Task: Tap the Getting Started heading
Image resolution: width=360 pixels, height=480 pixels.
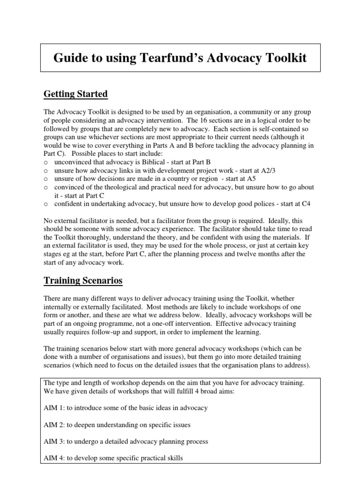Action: (75, 94)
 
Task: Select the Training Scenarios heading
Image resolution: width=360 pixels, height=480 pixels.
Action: (83, 280)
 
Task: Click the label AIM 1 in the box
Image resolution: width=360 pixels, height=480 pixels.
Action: (54, 408)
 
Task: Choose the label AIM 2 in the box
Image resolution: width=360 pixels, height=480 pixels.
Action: (54, 425)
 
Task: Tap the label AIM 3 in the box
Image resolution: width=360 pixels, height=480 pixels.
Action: (54, 442)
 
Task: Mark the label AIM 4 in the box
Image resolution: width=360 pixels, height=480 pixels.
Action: (54, 458)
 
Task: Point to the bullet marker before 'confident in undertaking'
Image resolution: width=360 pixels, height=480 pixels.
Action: (45, 204)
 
